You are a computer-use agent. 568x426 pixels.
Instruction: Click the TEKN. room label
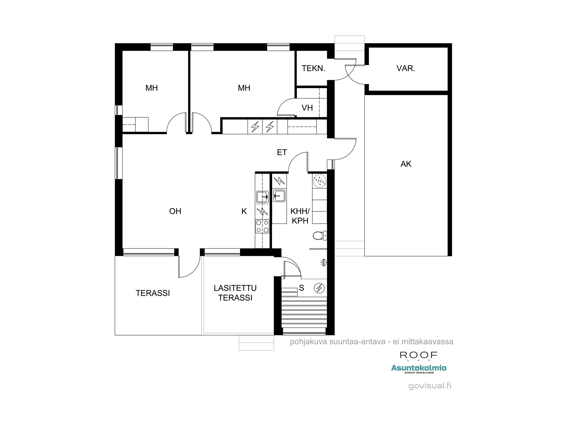point(313,68)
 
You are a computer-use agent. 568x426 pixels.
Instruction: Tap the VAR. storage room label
point(406,68)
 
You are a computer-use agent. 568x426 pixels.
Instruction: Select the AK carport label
point(406,164)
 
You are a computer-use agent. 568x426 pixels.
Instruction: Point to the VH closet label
point(307,108)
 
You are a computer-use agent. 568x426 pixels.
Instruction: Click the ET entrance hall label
point(282,153)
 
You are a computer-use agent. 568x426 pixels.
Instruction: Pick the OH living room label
point(175,211)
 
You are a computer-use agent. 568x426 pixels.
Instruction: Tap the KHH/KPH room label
point(300,216)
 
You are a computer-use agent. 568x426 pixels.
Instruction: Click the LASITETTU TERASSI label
point(235,293)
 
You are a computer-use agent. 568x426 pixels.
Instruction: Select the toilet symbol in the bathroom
point(320,235)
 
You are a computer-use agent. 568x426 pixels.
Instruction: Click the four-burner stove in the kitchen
point(262,226)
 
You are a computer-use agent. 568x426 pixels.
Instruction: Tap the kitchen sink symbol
point(262,197)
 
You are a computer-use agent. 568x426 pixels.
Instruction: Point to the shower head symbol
point(323,263)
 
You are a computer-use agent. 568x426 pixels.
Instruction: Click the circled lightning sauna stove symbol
point(319,288)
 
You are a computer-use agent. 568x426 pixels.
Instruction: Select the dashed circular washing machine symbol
point(319,181)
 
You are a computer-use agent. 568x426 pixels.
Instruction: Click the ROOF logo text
point(418,355)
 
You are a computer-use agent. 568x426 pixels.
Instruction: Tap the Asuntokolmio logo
point(419,368)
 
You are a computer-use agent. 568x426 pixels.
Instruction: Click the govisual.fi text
point(430,386)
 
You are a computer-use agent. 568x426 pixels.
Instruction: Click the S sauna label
point(302,288)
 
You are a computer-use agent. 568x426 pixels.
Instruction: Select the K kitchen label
point(244,211)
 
